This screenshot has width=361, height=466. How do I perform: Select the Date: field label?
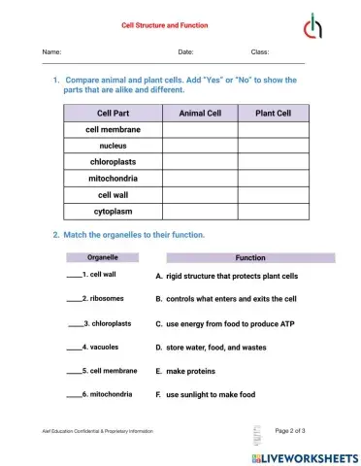185,50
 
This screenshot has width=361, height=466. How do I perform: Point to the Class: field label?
260,50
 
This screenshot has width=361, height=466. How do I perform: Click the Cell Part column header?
113,113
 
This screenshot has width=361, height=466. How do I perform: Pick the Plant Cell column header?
273,113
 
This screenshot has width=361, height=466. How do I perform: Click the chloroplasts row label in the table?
113,162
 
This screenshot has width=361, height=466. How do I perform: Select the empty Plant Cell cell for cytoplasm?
273,211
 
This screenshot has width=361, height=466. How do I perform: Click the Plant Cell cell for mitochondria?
273,179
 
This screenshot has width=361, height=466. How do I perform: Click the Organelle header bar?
103,258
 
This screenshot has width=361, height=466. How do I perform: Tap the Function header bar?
250,258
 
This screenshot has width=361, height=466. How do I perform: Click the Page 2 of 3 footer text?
291,429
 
